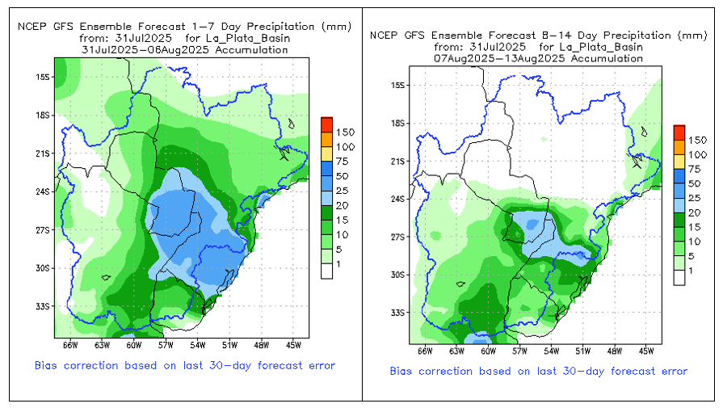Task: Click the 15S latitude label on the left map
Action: point(43,77)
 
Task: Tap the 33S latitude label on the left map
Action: point(43,306)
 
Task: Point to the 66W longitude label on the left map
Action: point(70,347)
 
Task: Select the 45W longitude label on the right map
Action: point(645,351)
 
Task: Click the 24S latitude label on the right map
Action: point(398,199)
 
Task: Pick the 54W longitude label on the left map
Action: point(197,347)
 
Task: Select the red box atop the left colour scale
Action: point(326,124)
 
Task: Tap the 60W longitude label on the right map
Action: point(487,351)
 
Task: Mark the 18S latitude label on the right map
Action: point(398,123)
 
